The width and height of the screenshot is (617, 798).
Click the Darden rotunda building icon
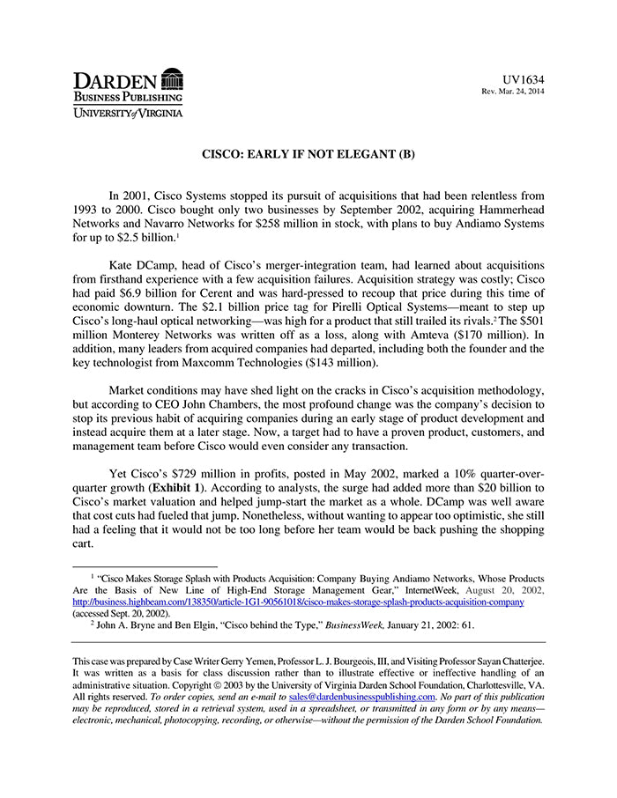pyautogui.click(x=172, y=78)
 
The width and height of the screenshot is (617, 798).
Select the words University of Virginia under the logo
pyautogui.click(x=128, y=113)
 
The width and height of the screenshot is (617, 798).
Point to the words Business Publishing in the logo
pyautogui.click(x=128, y=97)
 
